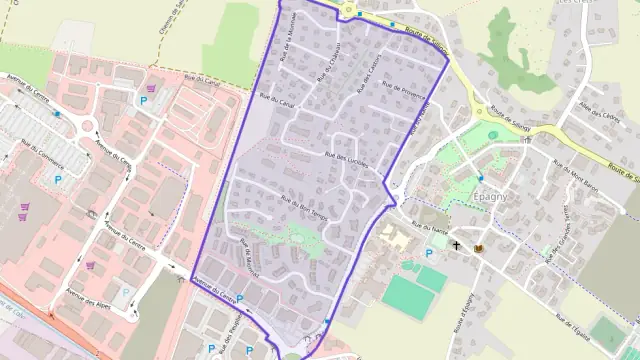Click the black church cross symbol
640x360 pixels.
tap(457, 245)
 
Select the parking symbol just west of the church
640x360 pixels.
tap(430, 253)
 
